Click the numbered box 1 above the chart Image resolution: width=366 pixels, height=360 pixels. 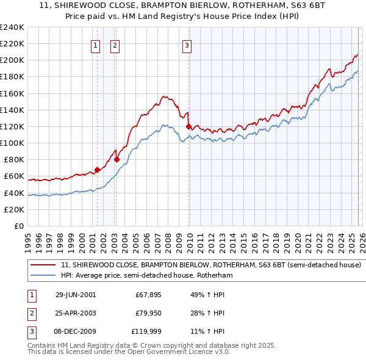tap(96, 44)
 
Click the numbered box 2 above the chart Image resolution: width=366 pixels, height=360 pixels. tap(115, 44)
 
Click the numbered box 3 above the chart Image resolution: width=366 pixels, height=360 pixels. tap(187, 44)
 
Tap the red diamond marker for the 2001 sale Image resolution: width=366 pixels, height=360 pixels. tap(97, 170)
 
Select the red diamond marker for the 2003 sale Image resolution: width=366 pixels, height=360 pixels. tap(117, 160)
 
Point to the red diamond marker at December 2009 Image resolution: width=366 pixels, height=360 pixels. tap(188, 126)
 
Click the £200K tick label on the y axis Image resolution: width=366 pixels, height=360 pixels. tap(12, 60)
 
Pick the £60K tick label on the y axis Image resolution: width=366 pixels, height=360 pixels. tap(13, 176)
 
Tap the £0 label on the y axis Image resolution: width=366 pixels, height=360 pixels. tap(18, 226)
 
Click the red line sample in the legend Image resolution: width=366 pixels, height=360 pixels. tap(43, 265)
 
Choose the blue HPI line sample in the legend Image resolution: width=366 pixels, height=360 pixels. tap(43, 276)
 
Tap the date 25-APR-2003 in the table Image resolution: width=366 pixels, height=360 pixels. tap(76, 314)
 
